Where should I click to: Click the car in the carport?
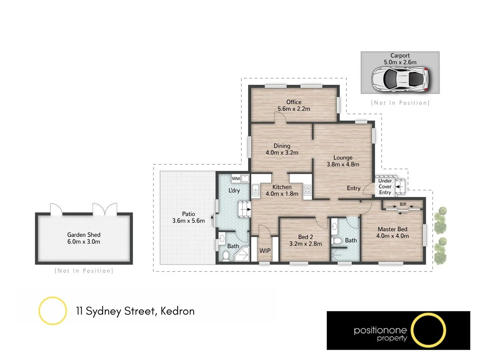(x=400, y=79)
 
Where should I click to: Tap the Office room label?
(x=294, y=102)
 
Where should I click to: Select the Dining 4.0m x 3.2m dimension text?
(x=282, y=153)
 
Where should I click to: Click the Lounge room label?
(x=343, y=158)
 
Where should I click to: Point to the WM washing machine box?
(x=236, y=179)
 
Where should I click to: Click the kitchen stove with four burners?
(x=307, y=190)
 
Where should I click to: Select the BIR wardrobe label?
(x=403, y=204)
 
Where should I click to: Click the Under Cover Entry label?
(x=385, y=187)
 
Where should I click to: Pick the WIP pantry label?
(x=265, y=251)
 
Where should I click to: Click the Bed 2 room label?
(x=305, y=237)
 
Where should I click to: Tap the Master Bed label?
(x=392, y=229)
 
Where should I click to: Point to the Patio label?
(x=188, y=214)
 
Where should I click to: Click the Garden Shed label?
(x=84, y=235)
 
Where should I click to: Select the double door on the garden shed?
(x=105, y=209)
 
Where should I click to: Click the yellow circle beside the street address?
(x=53, y=311)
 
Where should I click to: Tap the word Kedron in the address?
(x=177, y=311)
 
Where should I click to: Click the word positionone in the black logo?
(x=380, y=330)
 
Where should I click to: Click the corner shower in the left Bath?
(x=242, y=254)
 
